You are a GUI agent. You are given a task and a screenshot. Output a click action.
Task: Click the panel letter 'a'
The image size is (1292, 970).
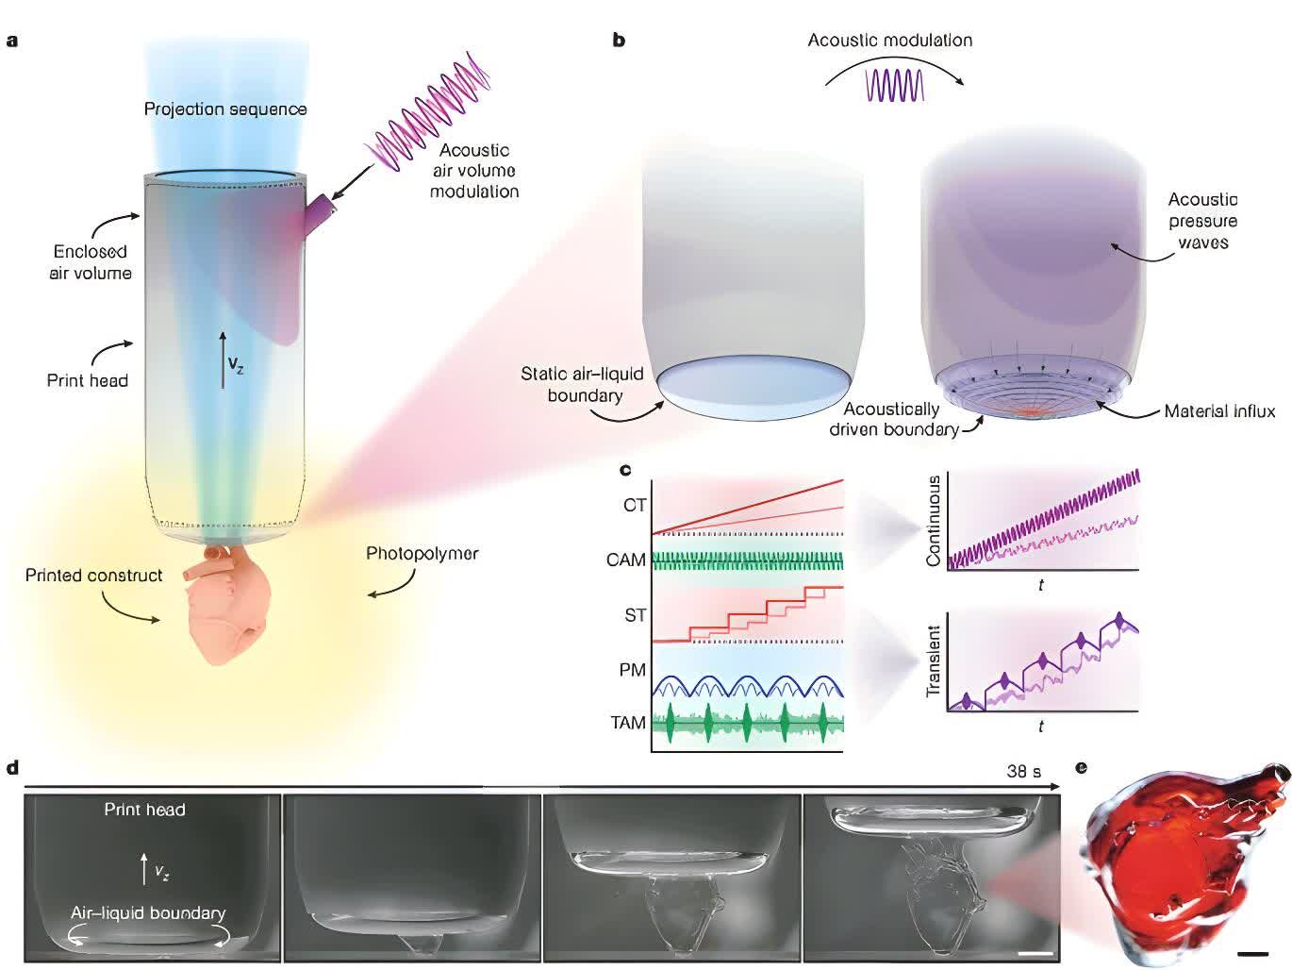(11, 42)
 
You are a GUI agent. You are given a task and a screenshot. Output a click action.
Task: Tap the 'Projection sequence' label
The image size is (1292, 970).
(225, 109)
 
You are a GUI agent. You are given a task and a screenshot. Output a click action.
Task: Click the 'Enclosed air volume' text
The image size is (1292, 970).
(90, 262)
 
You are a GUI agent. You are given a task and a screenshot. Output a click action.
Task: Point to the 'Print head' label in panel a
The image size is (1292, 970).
(87, 380)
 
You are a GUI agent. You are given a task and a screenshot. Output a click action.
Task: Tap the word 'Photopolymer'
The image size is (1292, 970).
(422, 554)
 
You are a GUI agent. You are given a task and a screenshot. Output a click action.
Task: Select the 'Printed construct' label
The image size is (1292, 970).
(93, 576)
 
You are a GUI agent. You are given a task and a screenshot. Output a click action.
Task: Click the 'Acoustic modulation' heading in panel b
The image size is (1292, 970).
(889, 40)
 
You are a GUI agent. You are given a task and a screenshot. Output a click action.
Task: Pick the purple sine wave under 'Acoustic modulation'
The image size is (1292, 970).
(894, 85)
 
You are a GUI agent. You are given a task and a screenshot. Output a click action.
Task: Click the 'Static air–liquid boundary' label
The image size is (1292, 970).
(582, 384)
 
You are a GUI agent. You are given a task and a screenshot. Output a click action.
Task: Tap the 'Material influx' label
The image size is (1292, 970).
(1219, 411)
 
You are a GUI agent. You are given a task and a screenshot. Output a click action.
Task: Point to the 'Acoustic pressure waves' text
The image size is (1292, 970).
(1202, 221)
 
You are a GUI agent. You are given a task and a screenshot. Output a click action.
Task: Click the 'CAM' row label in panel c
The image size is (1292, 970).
(625, 560)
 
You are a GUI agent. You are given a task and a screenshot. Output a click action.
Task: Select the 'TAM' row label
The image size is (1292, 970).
(627, 723)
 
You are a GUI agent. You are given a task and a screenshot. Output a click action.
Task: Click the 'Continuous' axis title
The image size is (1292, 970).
(934, 521)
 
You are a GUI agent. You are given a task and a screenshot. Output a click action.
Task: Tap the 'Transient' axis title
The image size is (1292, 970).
(933, 661)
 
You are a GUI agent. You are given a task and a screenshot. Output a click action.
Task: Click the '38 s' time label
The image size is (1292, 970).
(1023, 771)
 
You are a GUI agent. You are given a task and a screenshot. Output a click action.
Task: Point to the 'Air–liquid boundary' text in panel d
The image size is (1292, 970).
(148, 912)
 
